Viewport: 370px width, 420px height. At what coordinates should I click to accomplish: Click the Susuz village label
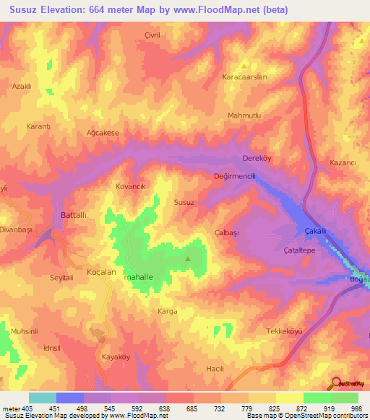tap(184, 203)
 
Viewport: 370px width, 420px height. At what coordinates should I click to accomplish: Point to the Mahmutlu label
tap(244, 115)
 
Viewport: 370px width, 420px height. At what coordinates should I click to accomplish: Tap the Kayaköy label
tap(114, 357)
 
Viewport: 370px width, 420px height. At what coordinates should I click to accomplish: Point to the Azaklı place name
tap(22, 86)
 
